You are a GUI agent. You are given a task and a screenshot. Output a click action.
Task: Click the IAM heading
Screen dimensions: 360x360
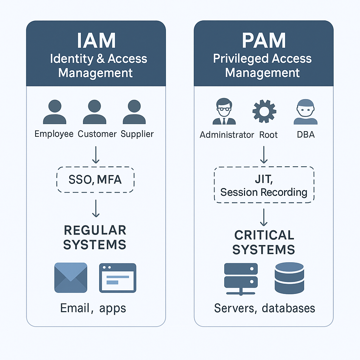pos(96,41)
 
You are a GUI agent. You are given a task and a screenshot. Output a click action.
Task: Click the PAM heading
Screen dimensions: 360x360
pos(264,41)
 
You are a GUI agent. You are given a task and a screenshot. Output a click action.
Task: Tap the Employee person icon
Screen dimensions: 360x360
pos(54,112)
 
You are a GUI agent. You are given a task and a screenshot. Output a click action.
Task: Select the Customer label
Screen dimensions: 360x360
pos(97,134)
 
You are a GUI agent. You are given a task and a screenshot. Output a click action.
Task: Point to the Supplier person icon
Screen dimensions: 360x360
pos(134,112)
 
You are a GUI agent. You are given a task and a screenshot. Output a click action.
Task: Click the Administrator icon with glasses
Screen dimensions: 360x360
pos(224,112)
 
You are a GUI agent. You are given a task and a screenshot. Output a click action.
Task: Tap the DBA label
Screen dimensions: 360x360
pos(306,135)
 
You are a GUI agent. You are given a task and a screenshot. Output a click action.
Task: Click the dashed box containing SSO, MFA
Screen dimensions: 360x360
pos(95,180)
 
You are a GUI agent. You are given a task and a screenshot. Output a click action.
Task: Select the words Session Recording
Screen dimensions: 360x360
pos(264,192)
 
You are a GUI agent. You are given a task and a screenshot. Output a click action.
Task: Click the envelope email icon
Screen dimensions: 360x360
pos(71,278)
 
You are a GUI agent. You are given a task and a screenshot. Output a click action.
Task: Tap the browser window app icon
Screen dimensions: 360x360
pos(118,278)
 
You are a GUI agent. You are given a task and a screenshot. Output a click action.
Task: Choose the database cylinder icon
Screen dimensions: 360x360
pos(289,278)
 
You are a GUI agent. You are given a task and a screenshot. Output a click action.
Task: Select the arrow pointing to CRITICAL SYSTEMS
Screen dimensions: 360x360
pos(264,217)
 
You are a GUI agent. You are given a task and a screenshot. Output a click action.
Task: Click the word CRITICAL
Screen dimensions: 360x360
pos(264,235)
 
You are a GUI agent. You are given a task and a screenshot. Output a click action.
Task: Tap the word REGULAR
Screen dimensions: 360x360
pos(95,230)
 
